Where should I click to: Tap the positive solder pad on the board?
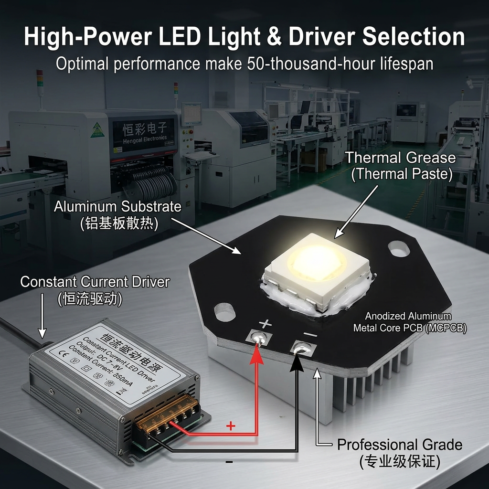258,337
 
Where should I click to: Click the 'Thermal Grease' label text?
401,157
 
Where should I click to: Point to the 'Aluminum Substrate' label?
117,207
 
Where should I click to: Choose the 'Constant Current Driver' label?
95,282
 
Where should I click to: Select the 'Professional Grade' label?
399,445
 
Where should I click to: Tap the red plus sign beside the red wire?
231,426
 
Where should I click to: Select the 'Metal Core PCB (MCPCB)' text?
410,328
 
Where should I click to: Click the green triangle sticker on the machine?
97,129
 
